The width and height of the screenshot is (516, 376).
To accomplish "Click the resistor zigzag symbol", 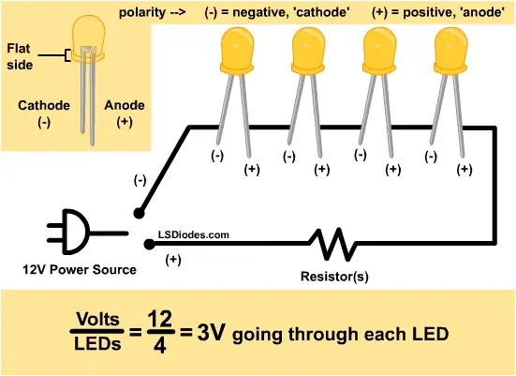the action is tap(332, 244).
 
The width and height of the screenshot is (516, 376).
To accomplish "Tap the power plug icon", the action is tap(87, 232).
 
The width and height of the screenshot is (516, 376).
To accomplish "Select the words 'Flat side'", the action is tap(20, 56).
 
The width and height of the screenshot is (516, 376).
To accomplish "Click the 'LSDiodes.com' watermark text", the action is tap(194, 235).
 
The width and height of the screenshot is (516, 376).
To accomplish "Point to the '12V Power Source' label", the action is tap(80, 269).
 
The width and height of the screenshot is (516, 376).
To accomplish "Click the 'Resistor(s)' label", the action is tap(334, 277).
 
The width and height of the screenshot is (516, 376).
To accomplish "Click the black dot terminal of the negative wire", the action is tap(139, 213).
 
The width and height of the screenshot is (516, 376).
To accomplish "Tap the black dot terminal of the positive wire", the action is tap(150, 244).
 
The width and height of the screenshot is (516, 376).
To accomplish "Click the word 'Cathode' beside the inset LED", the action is tap(44, 105).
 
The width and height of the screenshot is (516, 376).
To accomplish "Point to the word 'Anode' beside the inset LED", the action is tap(125, 105).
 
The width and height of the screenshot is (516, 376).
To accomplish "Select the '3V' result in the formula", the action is tap(212, 332).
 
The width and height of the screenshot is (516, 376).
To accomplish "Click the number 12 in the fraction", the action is tap(160, 319).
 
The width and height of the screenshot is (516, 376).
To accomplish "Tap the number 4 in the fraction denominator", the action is tap(159, 346).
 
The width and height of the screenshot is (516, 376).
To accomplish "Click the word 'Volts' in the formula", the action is tap(97, 319).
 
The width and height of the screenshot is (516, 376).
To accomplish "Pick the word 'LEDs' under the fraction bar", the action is tap(97, 344).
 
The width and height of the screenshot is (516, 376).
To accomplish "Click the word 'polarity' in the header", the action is tap(142, 12).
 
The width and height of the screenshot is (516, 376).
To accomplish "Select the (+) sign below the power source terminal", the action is tap(173, 260).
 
